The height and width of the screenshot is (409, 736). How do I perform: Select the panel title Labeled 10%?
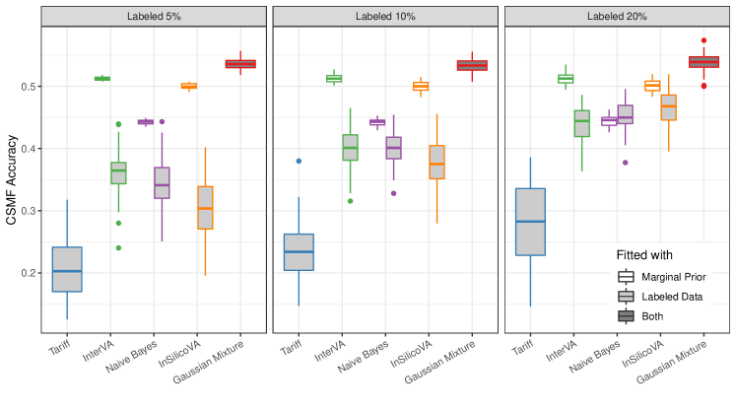386,17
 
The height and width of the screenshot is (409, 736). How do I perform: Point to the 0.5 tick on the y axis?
36,87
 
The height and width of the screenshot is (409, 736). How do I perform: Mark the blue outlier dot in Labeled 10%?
299,161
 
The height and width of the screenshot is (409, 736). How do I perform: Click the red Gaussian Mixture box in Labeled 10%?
473,65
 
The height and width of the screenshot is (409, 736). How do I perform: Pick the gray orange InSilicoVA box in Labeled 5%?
204,207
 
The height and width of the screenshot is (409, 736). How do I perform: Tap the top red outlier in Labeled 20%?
703,40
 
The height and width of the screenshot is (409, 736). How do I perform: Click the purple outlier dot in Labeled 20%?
625,163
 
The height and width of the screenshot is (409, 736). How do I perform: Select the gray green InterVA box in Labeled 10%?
350,147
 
